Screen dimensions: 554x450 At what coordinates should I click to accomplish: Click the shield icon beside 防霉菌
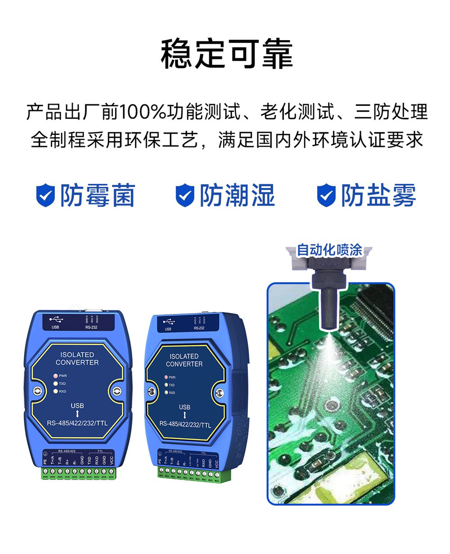coord(45,195)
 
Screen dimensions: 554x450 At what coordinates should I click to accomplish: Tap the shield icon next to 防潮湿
coord(184,195)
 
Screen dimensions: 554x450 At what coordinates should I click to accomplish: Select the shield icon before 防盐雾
coord(326,195)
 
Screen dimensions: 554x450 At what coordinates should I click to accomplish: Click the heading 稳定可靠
coord(227,54)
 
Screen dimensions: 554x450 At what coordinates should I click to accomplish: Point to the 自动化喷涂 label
coord(329,250)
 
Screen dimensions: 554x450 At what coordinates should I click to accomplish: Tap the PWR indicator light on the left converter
coord(56,376)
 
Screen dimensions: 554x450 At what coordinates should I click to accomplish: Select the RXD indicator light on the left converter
coord(56,391)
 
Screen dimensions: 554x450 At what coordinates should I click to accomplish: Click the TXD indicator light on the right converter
coord(166,385)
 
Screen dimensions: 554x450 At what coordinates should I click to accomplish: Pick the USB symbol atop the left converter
coord(56,319)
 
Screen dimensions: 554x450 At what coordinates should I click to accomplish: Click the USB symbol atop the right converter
coord(169,322)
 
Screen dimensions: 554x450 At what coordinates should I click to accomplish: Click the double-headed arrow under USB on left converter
coord(77,414)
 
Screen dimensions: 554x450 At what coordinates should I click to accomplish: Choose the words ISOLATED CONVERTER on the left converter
coord(77,359)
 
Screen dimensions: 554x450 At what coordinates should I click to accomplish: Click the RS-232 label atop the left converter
coord(91,327)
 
